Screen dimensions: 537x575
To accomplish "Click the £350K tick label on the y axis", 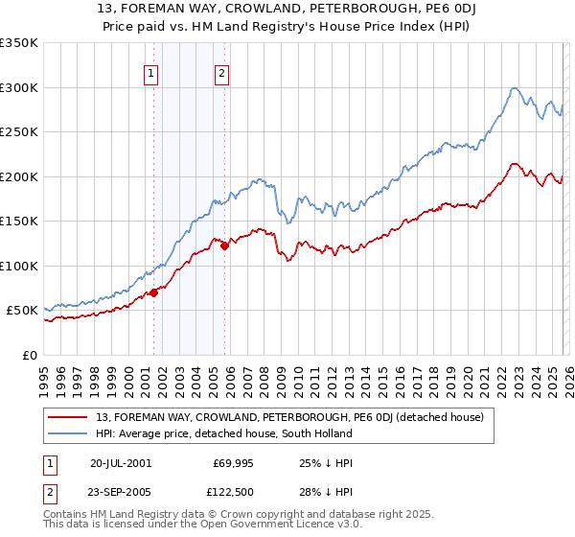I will pos(18,43).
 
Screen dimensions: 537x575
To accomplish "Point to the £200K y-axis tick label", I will pos(18,176).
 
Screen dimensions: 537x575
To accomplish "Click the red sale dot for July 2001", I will pos(153,292).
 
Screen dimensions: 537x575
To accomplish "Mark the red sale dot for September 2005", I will pos(224,245).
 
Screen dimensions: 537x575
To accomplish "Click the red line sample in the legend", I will pos(70,417).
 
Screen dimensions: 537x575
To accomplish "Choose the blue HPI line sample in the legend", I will pos(70,433).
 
